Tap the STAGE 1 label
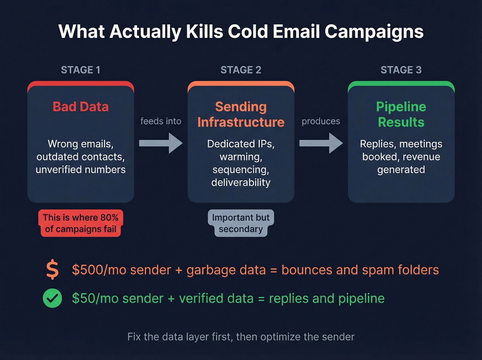point(81,70)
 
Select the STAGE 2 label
point(241,70)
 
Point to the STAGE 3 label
point(401,70)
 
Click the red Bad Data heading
point(81,107)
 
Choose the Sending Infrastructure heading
point(241,114)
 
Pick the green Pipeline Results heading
point(401,114)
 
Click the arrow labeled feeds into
point(160,143)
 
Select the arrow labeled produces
point(321,143)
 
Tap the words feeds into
point(160,121)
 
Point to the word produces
point(321,121)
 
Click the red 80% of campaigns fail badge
point(81,223)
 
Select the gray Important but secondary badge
point(241,223)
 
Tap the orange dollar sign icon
point(52,270)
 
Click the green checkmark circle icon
point(52,298)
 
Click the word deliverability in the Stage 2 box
point(241,183)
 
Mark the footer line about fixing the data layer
point(241,337)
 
